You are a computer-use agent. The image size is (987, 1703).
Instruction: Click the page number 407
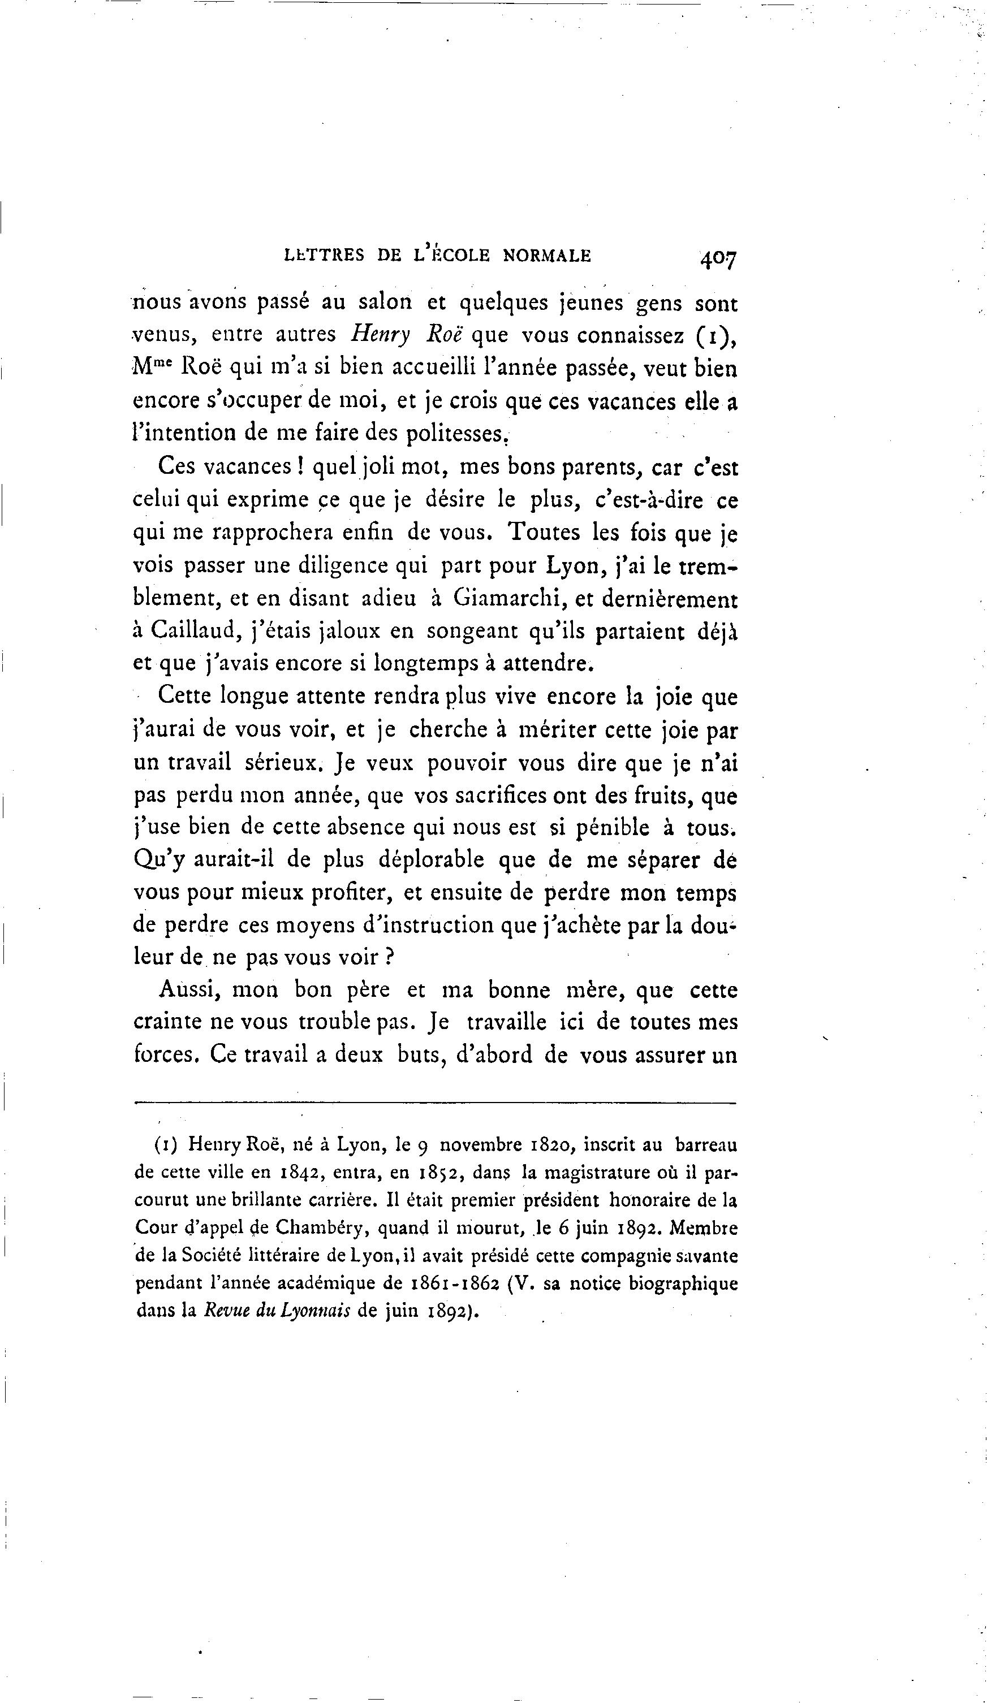719,258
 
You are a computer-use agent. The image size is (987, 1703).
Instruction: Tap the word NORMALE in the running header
547,256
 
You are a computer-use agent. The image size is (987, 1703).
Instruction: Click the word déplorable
430,861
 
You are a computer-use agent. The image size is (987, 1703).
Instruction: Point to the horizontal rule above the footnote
435,1104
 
